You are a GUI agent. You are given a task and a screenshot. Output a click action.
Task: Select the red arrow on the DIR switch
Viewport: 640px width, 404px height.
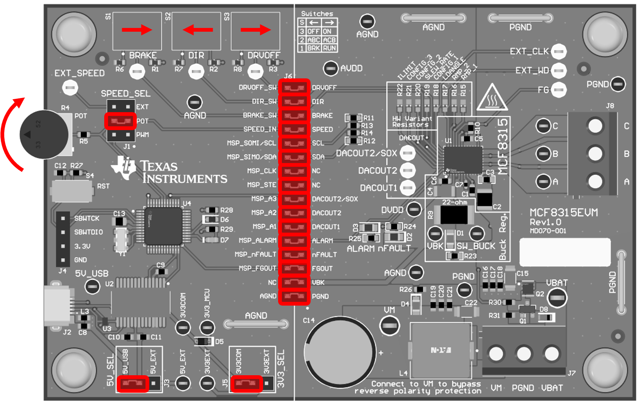coord(198,30)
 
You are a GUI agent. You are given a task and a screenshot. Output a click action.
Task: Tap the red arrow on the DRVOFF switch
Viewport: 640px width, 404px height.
coord(256,30)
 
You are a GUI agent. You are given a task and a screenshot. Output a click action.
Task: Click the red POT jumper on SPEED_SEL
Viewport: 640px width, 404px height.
coord(120,121)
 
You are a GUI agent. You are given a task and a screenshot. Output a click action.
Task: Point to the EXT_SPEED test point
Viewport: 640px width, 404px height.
coord(70,88)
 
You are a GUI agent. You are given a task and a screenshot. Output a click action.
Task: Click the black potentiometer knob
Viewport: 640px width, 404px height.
coord(44,134)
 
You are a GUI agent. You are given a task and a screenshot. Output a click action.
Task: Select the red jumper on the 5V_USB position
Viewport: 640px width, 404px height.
coord(133,383)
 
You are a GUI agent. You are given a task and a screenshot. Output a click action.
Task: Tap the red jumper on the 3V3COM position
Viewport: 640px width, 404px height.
coord(247,383)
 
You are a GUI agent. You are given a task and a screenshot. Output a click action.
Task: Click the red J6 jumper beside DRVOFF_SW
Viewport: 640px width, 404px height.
coord(294,88)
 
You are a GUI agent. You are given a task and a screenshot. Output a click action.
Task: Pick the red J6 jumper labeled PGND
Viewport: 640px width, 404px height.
coord(294,296)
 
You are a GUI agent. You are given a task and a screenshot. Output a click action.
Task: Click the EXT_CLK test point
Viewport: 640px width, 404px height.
coord(559,51)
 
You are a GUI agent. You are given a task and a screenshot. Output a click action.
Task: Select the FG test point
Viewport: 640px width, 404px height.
coord(559,89)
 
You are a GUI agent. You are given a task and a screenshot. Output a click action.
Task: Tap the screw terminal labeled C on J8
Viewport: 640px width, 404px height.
coord(595,125)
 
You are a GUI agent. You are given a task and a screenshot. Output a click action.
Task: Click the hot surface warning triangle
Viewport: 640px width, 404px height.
coord(492,98)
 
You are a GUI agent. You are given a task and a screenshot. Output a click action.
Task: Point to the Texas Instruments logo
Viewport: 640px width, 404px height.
coord(169,171)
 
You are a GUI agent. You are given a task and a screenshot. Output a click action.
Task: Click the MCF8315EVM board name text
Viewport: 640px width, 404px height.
coord(564,213)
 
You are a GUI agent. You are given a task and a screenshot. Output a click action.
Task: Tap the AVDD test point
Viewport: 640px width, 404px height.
coord(331,68)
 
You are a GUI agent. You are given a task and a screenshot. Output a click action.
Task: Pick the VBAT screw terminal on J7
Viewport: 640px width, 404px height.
coord(552,354)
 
